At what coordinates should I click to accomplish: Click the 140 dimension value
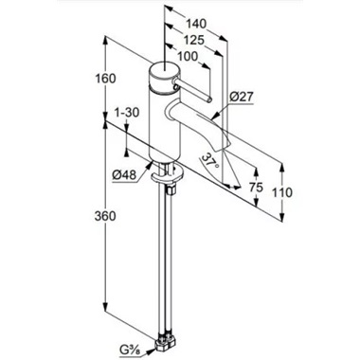(x=196, y=24)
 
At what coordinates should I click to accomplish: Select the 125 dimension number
(x=194, y=40)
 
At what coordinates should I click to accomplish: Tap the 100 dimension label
(x=187, y=57)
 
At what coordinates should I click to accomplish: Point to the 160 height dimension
(x=105, y=79)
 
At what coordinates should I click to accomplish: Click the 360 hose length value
(x=105, y=216)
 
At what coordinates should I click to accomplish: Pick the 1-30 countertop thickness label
(x=127, y=113)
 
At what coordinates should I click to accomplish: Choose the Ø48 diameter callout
(x=124, y=174)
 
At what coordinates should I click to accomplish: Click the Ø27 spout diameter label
(x=242, y=97)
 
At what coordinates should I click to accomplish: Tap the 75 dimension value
(x=256, y=188)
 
